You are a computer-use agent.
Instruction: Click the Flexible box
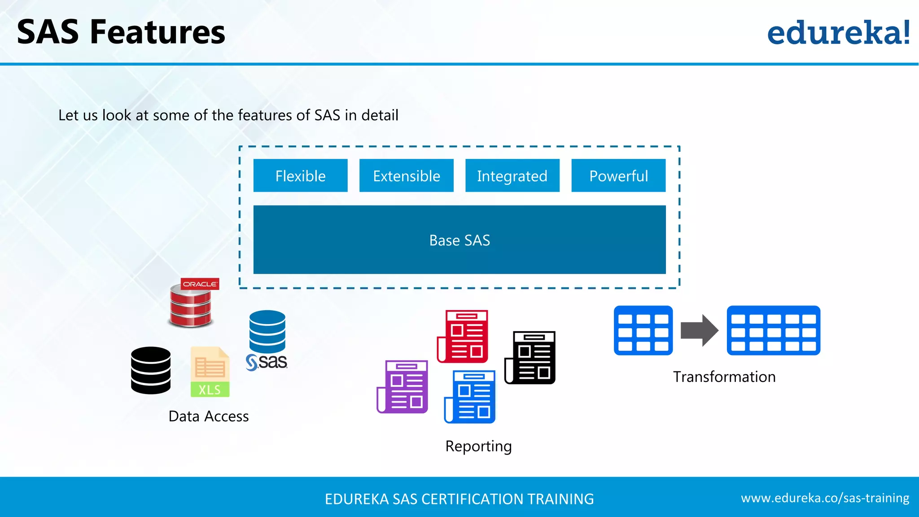[300, 175]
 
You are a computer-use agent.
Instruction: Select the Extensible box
[406, 175]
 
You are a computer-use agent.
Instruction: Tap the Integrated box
[512, 175]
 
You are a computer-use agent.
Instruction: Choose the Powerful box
[618, 175]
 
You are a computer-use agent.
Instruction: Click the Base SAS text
[459, 240]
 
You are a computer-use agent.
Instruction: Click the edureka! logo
[838, 32]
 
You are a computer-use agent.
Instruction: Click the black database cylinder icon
[151, 370]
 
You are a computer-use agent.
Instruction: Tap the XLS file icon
[210, 372]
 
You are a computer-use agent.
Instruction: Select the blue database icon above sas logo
[267, 331]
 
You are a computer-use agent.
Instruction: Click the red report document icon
[463, 336]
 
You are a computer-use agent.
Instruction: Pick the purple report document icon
[403, 386]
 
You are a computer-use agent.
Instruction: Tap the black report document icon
[530, 358]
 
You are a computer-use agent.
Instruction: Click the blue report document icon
[470, 397]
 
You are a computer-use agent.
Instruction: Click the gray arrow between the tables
[699, 330]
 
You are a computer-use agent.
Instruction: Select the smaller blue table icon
[643, 330]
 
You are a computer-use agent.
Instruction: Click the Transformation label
[724, 377]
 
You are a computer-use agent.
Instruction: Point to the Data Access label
[208, 416]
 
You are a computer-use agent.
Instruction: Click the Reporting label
[478, 446]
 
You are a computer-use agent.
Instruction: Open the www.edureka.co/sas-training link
[825, 498]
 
